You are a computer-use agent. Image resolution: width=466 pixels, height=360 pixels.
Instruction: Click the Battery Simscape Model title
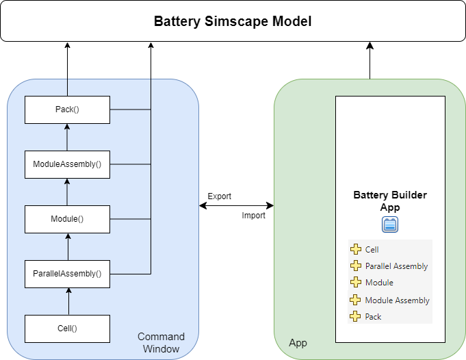click(x=233, y=21)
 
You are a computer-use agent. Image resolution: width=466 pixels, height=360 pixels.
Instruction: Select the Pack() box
click(x=67, y=110)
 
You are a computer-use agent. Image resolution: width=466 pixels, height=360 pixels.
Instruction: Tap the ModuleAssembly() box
click(x=67, y=164)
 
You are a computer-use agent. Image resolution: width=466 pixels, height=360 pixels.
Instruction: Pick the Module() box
click(x=67, y=219)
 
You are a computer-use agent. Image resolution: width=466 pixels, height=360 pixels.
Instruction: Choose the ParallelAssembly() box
click(x=67, y=274)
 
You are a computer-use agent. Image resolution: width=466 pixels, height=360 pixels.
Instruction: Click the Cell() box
click(x=67, y=328)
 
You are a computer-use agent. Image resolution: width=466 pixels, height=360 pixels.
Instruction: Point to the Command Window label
click(x=161, y=343)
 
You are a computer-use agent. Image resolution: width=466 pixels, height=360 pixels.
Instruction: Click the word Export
click(x=220, y=196)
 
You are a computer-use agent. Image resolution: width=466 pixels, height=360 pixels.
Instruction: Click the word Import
click(x=253, y=216)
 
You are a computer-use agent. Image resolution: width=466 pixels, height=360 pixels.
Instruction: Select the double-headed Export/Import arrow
click(x=236, y=205)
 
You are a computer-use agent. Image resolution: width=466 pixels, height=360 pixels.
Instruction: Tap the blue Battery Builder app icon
click(x=390, y=224)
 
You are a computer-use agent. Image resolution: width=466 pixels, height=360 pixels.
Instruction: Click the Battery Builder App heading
click(x=390, y=201)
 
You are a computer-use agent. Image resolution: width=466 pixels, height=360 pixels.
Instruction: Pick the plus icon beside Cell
click(x=356, y=250)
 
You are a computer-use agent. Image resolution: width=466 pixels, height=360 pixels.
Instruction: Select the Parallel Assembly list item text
click(x=396, y=266)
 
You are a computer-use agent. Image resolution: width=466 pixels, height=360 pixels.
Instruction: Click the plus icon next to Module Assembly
click(x=356, y=300)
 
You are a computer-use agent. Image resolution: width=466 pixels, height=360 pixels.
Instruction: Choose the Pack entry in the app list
click(x=373, y=317)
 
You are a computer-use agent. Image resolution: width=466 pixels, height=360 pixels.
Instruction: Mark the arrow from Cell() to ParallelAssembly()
click(x=67, y=301)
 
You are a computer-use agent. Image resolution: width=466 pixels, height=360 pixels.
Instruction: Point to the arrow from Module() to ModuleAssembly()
click(x=67, y=192)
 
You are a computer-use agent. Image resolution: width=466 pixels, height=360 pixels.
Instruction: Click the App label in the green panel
click(x=298, y=342)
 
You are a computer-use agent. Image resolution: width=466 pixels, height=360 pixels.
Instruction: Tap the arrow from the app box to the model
click(x=370, y=62)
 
